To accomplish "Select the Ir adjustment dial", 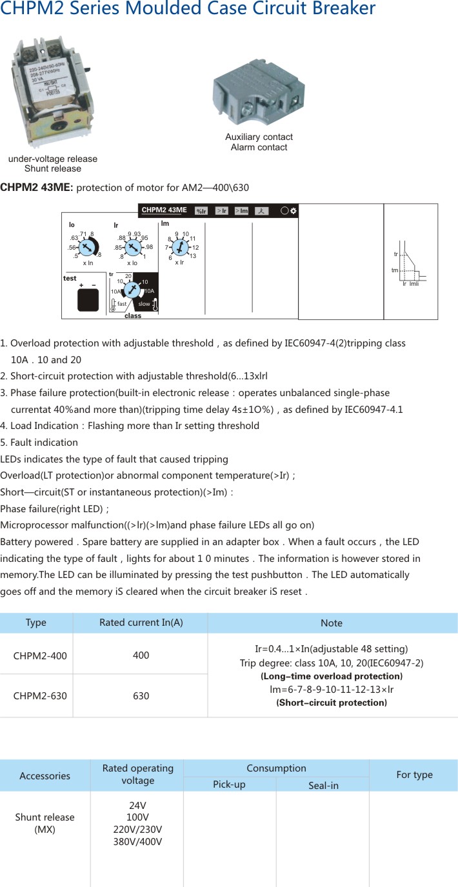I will (132, 247).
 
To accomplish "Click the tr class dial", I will (132, 291).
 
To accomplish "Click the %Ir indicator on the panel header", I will (201, 211).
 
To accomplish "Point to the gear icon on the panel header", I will (294, 211).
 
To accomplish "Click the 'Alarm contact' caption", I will (259, 147).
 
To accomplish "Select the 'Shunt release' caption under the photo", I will (53, 169).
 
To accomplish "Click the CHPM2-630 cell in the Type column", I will (40, 696).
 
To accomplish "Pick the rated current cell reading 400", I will (141, 655).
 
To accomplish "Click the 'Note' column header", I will (332, 623).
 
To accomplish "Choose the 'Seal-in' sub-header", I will (323, 785).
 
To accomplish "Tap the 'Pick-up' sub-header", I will (230, 784).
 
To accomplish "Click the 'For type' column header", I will (414, 775).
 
